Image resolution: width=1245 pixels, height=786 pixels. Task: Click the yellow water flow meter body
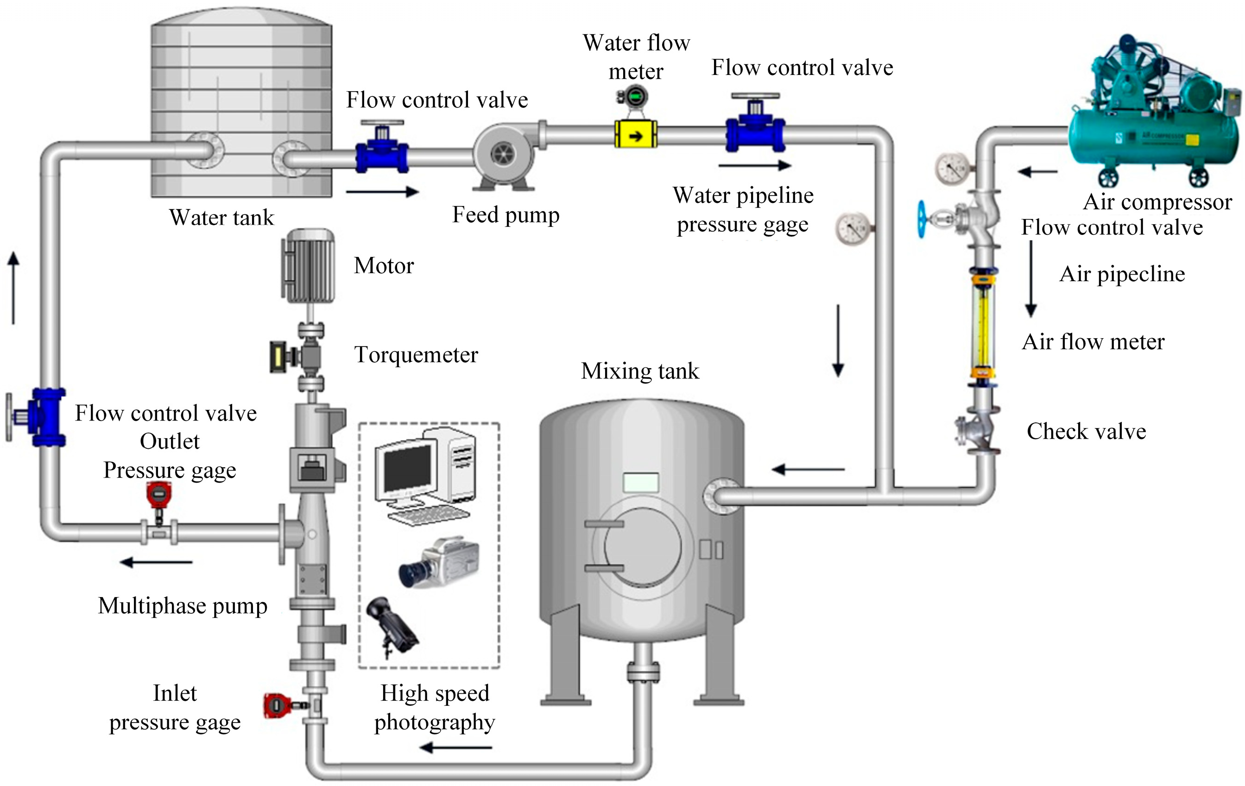pyautogui.click(x=635, y=135)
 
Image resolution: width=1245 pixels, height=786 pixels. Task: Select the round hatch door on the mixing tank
pyautogui.click(x=642, y=547)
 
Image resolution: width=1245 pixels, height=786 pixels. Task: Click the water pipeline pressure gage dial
pyautogui.click(x=851, y=227)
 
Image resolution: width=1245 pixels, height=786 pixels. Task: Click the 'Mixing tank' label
pyautogui.click(x=639, y=371)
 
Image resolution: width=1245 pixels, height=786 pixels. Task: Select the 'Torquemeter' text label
pyautogui.click(x=416, y=355)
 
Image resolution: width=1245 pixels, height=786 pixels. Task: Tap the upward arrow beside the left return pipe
pyautogui.click(x=14, y=287)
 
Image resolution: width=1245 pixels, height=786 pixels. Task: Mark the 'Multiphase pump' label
pyautogui.click(x=183, y=606)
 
